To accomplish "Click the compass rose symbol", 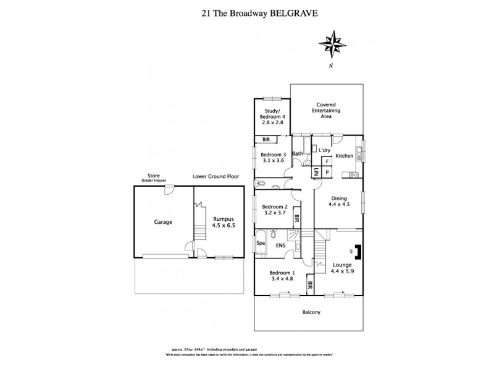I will (x=332, y=45).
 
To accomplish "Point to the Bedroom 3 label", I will (x=272, y=155).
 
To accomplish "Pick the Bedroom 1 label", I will (x=281, y=272).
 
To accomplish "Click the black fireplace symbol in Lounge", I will (x=358, y=251).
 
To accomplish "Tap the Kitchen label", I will (x=344, y=156).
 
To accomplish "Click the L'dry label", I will (x=324, y=150).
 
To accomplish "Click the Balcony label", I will (x=311, y=313).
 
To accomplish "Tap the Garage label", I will (x=163, y=221).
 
